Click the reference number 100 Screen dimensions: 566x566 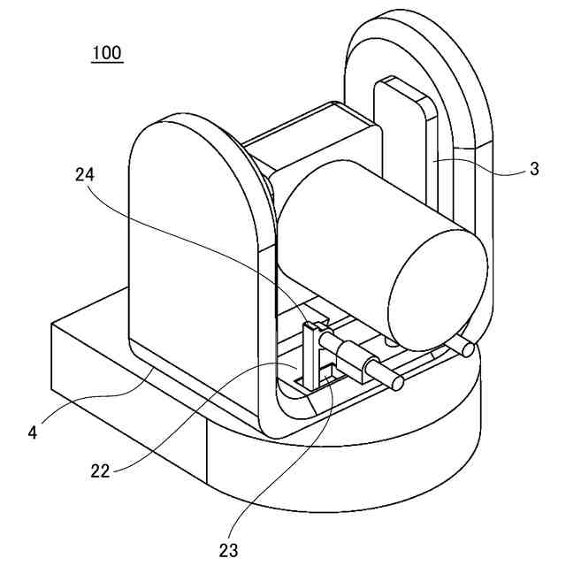[107, 52]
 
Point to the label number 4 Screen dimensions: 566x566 [33, 432]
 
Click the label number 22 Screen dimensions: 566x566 [99, 470]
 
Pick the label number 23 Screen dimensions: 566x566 [228, 550]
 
